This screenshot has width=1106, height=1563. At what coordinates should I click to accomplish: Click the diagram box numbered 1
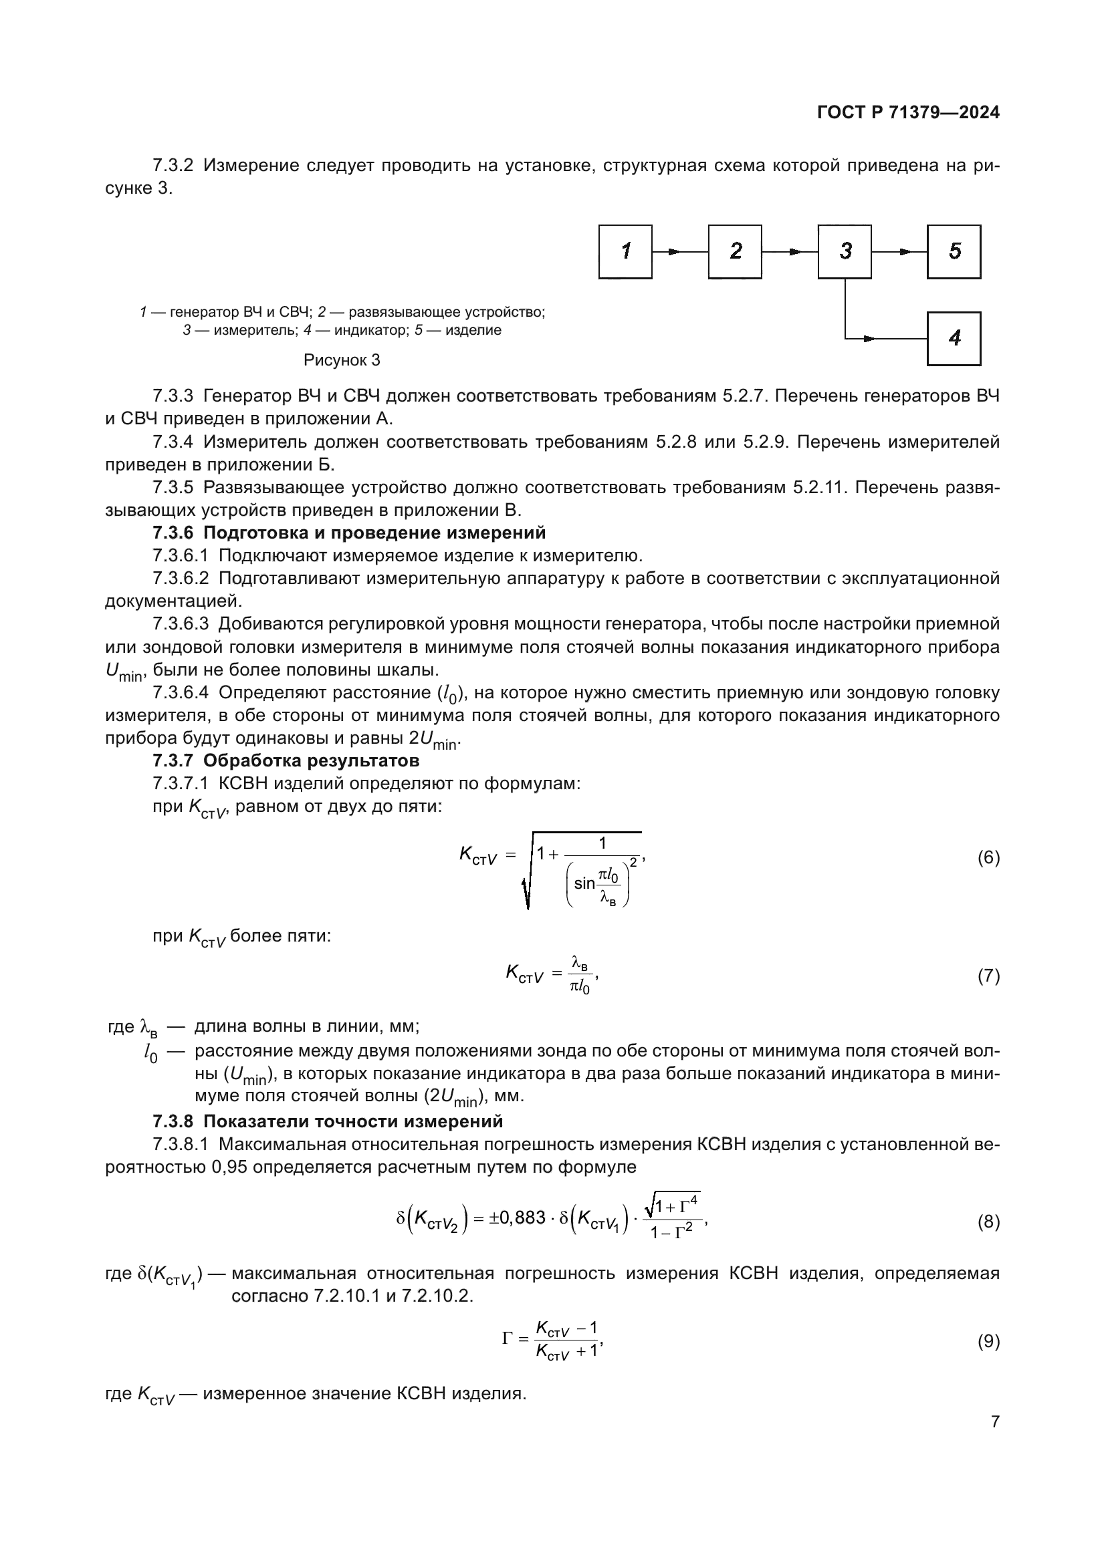pos(625,251)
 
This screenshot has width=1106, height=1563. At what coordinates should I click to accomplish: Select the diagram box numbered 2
pos(735,251)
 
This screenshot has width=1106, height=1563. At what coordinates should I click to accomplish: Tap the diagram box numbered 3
pos(845,251)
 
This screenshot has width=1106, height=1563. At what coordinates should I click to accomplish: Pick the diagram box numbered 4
pos(954,338)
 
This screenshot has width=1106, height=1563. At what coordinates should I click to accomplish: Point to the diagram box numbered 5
pos(954,251)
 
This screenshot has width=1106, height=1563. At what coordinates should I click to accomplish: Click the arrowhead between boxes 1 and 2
pos(673,252)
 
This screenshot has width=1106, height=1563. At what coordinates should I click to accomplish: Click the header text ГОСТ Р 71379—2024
pos(908,113)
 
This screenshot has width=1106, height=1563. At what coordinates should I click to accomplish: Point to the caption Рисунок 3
pos(341,360)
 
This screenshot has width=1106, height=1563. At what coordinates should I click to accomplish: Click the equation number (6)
pos(988,858)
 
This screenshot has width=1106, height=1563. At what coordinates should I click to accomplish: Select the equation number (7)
pos(988,976)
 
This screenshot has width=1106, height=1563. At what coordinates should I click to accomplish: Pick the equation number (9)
pos(988,1341)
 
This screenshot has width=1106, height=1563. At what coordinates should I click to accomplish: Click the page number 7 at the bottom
pos(995,1421)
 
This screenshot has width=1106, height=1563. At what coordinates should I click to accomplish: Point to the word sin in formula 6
pos(584,883)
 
